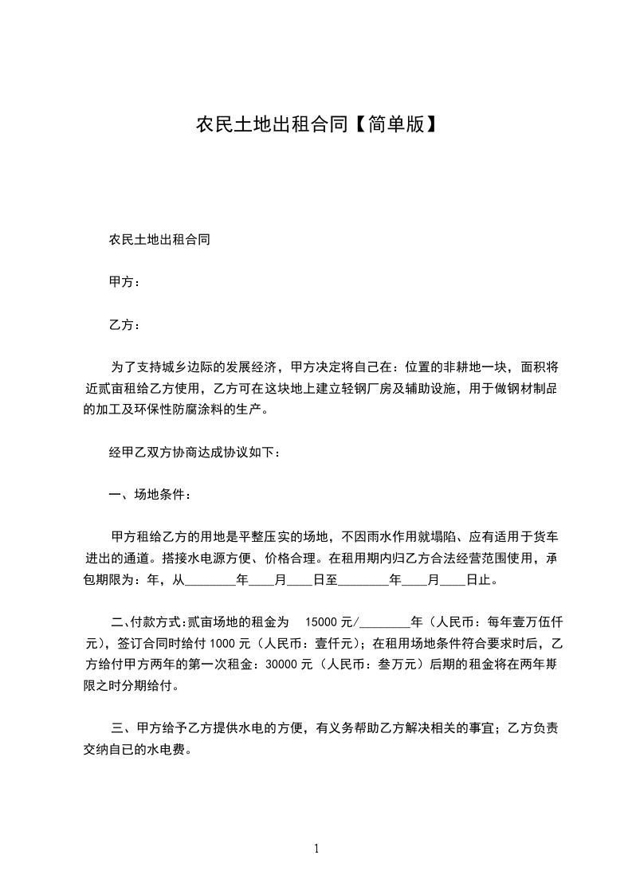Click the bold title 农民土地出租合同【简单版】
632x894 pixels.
point(316,125)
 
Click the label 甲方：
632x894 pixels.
point(124,281)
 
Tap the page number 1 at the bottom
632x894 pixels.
point(316,849)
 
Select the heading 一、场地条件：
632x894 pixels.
point(149,495)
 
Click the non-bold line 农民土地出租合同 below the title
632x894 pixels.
point(159,239)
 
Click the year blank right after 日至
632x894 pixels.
point(363,582)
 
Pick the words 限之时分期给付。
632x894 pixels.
point(132,684)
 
